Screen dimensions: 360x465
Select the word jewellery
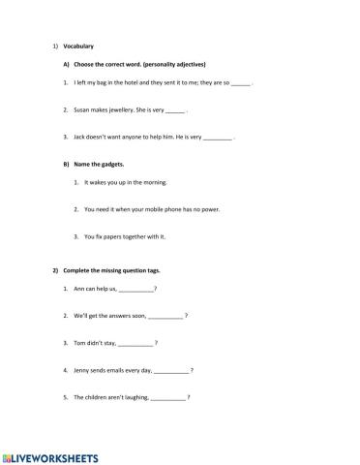point(122,110)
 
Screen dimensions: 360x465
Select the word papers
point(112,235)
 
